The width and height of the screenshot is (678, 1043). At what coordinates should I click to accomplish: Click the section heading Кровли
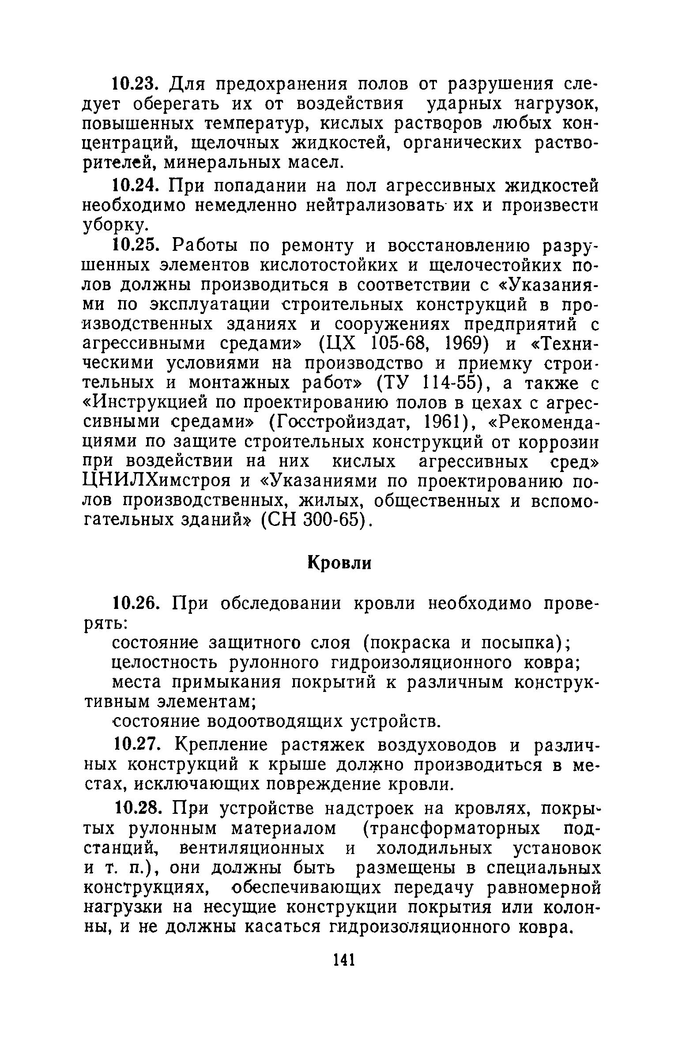pos(339,563)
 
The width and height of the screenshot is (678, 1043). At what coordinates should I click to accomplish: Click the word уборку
pos(113,226)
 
